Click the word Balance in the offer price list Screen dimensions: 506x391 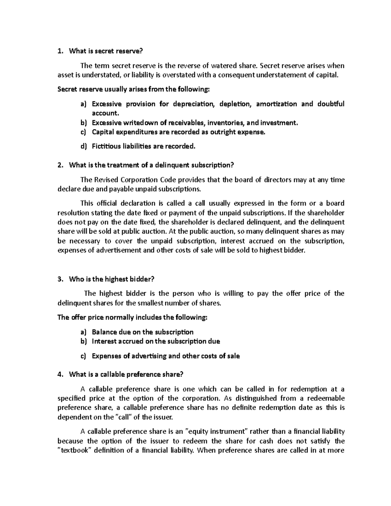point(105,332)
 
